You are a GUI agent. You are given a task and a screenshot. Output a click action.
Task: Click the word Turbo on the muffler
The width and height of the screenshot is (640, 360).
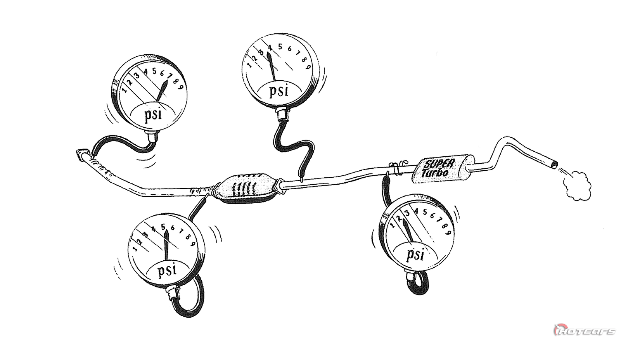[435, 173]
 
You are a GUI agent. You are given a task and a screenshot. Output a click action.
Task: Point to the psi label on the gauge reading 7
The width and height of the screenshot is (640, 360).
[153, 115]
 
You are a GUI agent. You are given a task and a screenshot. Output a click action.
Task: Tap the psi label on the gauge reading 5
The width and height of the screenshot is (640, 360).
[167, 270]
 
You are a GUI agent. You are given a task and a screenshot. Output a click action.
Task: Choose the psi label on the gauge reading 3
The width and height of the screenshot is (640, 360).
[415, 255]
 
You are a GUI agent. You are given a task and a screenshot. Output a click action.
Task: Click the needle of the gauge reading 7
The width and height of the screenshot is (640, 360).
[163, 91]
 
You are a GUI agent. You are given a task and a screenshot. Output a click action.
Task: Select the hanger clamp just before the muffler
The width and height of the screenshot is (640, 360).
[395, 168]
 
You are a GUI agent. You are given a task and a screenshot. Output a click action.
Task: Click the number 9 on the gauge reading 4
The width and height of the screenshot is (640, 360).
[308, 67]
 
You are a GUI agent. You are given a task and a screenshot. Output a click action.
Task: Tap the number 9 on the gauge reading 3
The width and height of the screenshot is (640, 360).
[448, 232]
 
